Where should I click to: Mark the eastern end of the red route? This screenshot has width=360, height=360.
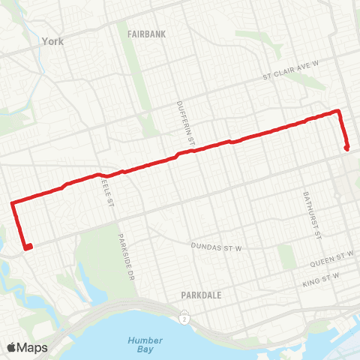pos(346,148)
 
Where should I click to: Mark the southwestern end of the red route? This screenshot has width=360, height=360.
pos(28,247)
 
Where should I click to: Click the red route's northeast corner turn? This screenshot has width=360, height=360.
pos(338,112)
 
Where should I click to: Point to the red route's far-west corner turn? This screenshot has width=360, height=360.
pos(13,202)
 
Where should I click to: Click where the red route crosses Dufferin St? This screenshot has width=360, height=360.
pos(180,154)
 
